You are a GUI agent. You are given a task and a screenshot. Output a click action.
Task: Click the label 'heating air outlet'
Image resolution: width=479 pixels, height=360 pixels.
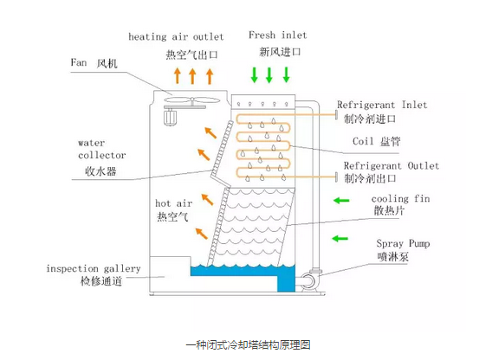176,37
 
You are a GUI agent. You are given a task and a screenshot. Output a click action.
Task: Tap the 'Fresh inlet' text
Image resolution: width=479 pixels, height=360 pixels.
277,35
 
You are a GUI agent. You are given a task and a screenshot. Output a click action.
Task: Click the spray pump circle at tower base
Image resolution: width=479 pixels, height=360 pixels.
307,283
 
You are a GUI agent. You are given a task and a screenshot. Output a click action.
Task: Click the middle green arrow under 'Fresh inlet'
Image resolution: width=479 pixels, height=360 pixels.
269,75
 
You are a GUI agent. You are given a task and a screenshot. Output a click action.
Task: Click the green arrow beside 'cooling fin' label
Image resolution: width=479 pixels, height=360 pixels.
338,202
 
